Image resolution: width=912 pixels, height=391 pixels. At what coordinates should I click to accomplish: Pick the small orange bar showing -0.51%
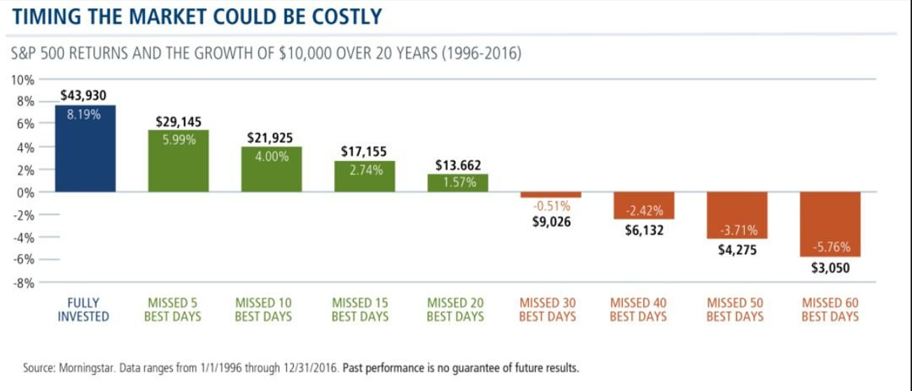point(551,195)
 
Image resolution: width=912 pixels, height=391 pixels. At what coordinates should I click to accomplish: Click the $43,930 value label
point(84,95)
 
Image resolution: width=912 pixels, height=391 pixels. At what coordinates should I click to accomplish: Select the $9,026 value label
point(551,222)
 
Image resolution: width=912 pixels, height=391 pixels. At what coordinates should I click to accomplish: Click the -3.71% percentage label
point(737,231)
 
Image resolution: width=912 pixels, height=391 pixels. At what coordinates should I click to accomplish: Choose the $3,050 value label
point(831,267)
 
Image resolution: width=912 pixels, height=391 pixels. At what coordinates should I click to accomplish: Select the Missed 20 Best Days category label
point(455,310)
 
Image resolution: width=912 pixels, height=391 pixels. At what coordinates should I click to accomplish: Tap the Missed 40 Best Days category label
point(638,310)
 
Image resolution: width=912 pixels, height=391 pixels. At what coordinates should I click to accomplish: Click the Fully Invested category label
point(83,310)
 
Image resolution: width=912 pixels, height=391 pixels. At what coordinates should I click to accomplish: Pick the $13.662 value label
point(458,165)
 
